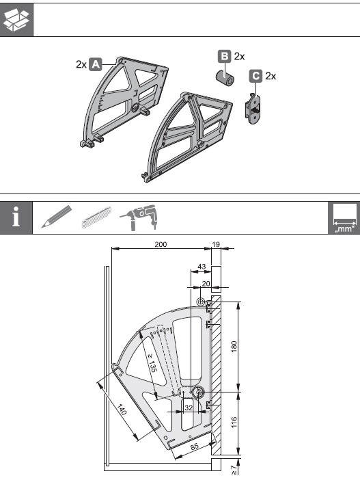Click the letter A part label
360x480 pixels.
(x=96, y=64)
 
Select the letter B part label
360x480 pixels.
(x=225, y=56)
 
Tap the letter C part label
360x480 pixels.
(x=255, y=76)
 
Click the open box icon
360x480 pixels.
(x=16, y=20)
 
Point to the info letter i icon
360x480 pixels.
(x=16, y=217)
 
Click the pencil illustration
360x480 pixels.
(x=57, y=217)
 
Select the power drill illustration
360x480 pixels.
(x=138, y=217)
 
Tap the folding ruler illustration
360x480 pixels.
(x=96, y=217)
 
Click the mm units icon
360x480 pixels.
(x=344, y=218)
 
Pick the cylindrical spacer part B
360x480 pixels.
(x=225, y=78)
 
